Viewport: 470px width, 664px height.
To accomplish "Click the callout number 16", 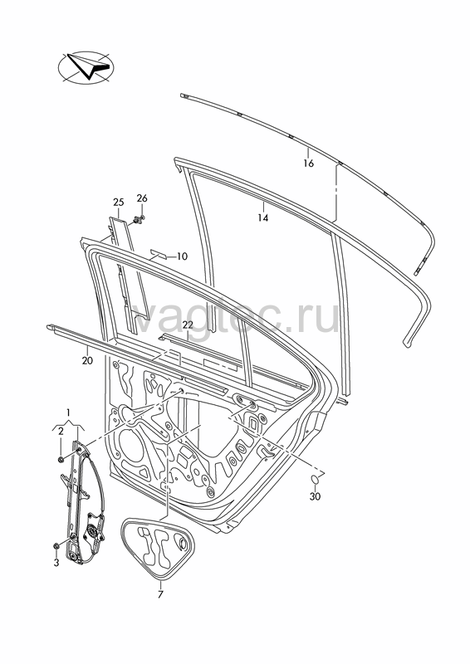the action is [x=309, y=163].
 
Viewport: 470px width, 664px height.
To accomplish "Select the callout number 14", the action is [x=263, y=217].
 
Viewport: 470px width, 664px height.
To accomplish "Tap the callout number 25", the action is [x=119, y=203].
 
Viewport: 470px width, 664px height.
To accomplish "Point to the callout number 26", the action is [x=142, y=198].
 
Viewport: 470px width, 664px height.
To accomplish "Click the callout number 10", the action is [x=182, y=256].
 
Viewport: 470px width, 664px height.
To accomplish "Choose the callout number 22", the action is [x=188, y=325].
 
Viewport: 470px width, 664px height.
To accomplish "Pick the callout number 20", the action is [x=88, y=361].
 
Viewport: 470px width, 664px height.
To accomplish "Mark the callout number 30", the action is [x=315, y=496].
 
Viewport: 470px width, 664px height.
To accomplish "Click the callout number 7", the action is [x=160, y=594].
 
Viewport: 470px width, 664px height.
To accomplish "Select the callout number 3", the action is [x=56, y=563].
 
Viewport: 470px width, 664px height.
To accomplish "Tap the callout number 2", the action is [x=61, y=432].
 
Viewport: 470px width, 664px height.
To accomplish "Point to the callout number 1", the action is [x=68, y=412].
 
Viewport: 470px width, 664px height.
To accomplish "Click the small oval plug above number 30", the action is [x=316, y=481].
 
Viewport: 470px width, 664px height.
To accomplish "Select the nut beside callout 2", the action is [x=61, y=460].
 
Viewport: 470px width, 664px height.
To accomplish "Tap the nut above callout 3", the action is [x=56, y=546].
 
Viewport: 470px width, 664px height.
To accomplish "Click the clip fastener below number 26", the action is [x=138, y=220].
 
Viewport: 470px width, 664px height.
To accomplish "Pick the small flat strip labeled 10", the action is [x=158, y=254].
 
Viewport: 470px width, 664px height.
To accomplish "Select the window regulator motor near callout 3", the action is [x=93, y=530].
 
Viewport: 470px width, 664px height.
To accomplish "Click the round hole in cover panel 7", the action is [x=182, y=544].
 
